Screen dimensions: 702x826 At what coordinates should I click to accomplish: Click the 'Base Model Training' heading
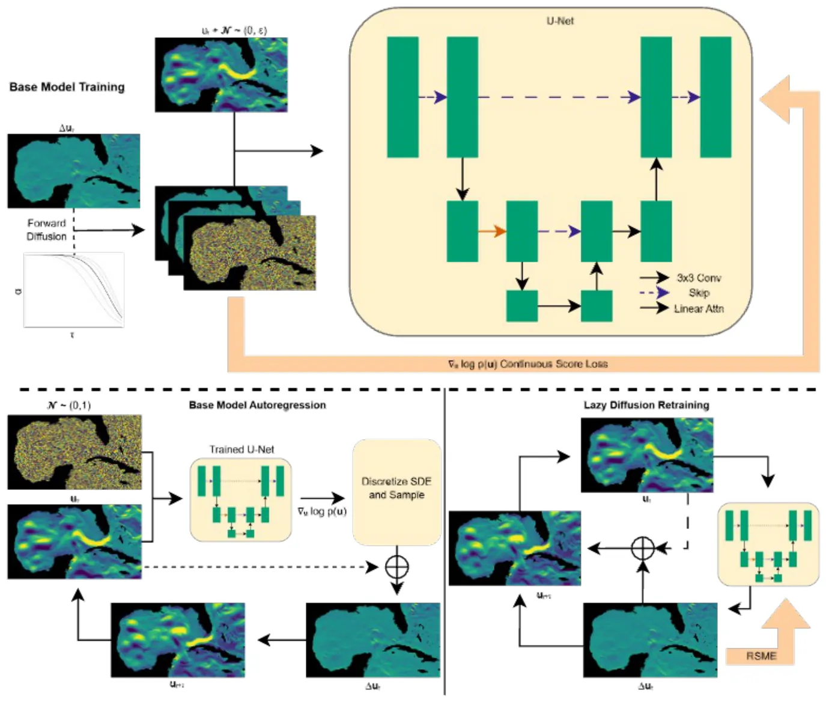pyautogui.click(x=67, y=87)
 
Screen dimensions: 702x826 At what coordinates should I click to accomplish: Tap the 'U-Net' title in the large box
pyautogui.click(x=560, y=20)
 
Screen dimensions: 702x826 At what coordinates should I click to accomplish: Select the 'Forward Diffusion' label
pyautogui.click(x=46, y=230)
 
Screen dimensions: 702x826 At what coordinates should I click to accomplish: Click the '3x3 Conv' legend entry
pyautogui.click(x=699, y=278)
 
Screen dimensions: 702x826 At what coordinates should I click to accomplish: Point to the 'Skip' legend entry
pyautogui.click(x=699, y=293)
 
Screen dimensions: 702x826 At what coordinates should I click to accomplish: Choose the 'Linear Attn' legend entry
pyautogui.click(x=699, y=308)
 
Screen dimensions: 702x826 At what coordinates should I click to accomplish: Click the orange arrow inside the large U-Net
pyautogui.click(x=492, y=231)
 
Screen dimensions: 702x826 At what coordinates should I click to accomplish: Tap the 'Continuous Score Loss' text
pyautogui.click(x=528, y=364)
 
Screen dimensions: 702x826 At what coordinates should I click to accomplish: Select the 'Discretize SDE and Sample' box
pyautogui.click(x=396, y=492)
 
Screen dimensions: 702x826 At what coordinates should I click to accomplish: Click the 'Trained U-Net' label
pyautogui.click(x=241, y=449)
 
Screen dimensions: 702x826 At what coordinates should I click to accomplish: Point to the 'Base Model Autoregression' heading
pyautogui.click(x=257, y=405)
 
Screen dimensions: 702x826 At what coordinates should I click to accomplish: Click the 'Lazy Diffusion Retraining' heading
pyautogui.click(x=646, y=405)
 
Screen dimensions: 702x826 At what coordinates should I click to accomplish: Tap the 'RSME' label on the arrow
pyautogui.click(x=761, y=656)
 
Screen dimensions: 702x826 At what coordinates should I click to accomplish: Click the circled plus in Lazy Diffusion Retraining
pyautogui.click(x=643, y=548)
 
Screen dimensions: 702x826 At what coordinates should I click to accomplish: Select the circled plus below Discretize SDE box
pyautogui.click(x=396, y=567)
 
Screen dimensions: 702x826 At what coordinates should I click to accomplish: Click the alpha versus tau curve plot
pyautogui.click(x=74, y=290)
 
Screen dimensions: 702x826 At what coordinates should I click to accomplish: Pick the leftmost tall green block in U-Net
pyautogui.click(x=402, y=97)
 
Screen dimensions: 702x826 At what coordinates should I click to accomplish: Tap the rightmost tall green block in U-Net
pyautogui.click(x=715, y=97)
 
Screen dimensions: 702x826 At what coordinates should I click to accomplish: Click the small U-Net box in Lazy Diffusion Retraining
pyautogui.click(x=768, y=544)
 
